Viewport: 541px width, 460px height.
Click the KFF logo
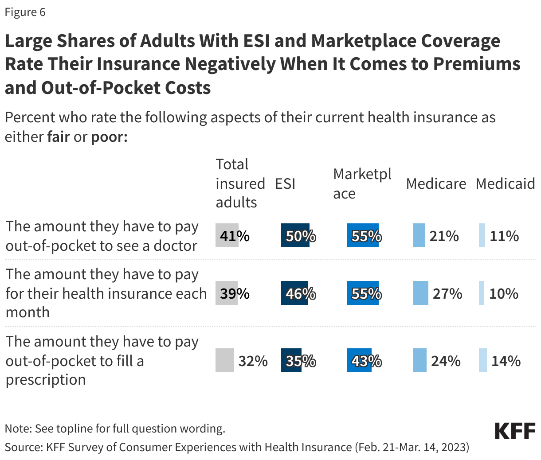pyautogui.click(x=515, y=431)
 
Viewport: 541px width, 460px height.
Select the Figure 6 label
pyautogui.click(x=25, y=12)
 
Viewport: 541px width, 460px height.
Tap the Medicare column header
pyautogui.click(x=436, y=183)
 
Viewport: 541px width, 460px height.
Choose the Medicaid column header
pyautogui.click(x=505, y=183)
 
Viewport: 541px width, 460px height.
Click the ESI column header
pyautogui.click(x=285, y=183)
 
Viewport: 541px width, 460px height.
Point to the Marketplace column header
pyautogui.click(x=362, y=183)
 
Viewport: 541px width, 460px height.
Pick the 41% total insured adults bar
pyautogui.click(x=227, y=236)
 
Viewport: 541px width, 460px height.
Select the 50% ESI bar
pyautogui.click(x=295, y=236)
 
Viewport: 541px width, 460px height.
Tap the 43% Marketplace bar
pyautogui.click(x=359, y=361)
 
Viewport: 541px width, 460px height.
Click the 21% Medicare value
pyautogui.click(x=444, y=236)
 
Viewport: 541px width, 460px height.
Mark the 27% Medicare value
pyautogui.click(x=447, y=293)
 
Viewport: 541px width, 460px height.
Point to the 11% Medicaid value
pyautogui.click(x=504, y=236)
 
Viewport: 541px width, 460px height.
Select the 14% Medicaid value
pyautogui.click(x=506, y=361)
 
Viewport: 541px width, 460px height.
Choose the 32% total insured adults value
pyautogui.click(x=253, y=361)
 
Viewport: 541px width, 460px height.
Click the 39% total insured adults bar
pyautogui.click(x=227, y=293)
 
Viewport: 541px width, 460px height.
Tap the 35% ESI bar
pyautogui.click(x=291, y=361)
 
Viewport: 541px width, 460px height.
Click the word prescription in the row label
pyautogui.click(x=46, y=380)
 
